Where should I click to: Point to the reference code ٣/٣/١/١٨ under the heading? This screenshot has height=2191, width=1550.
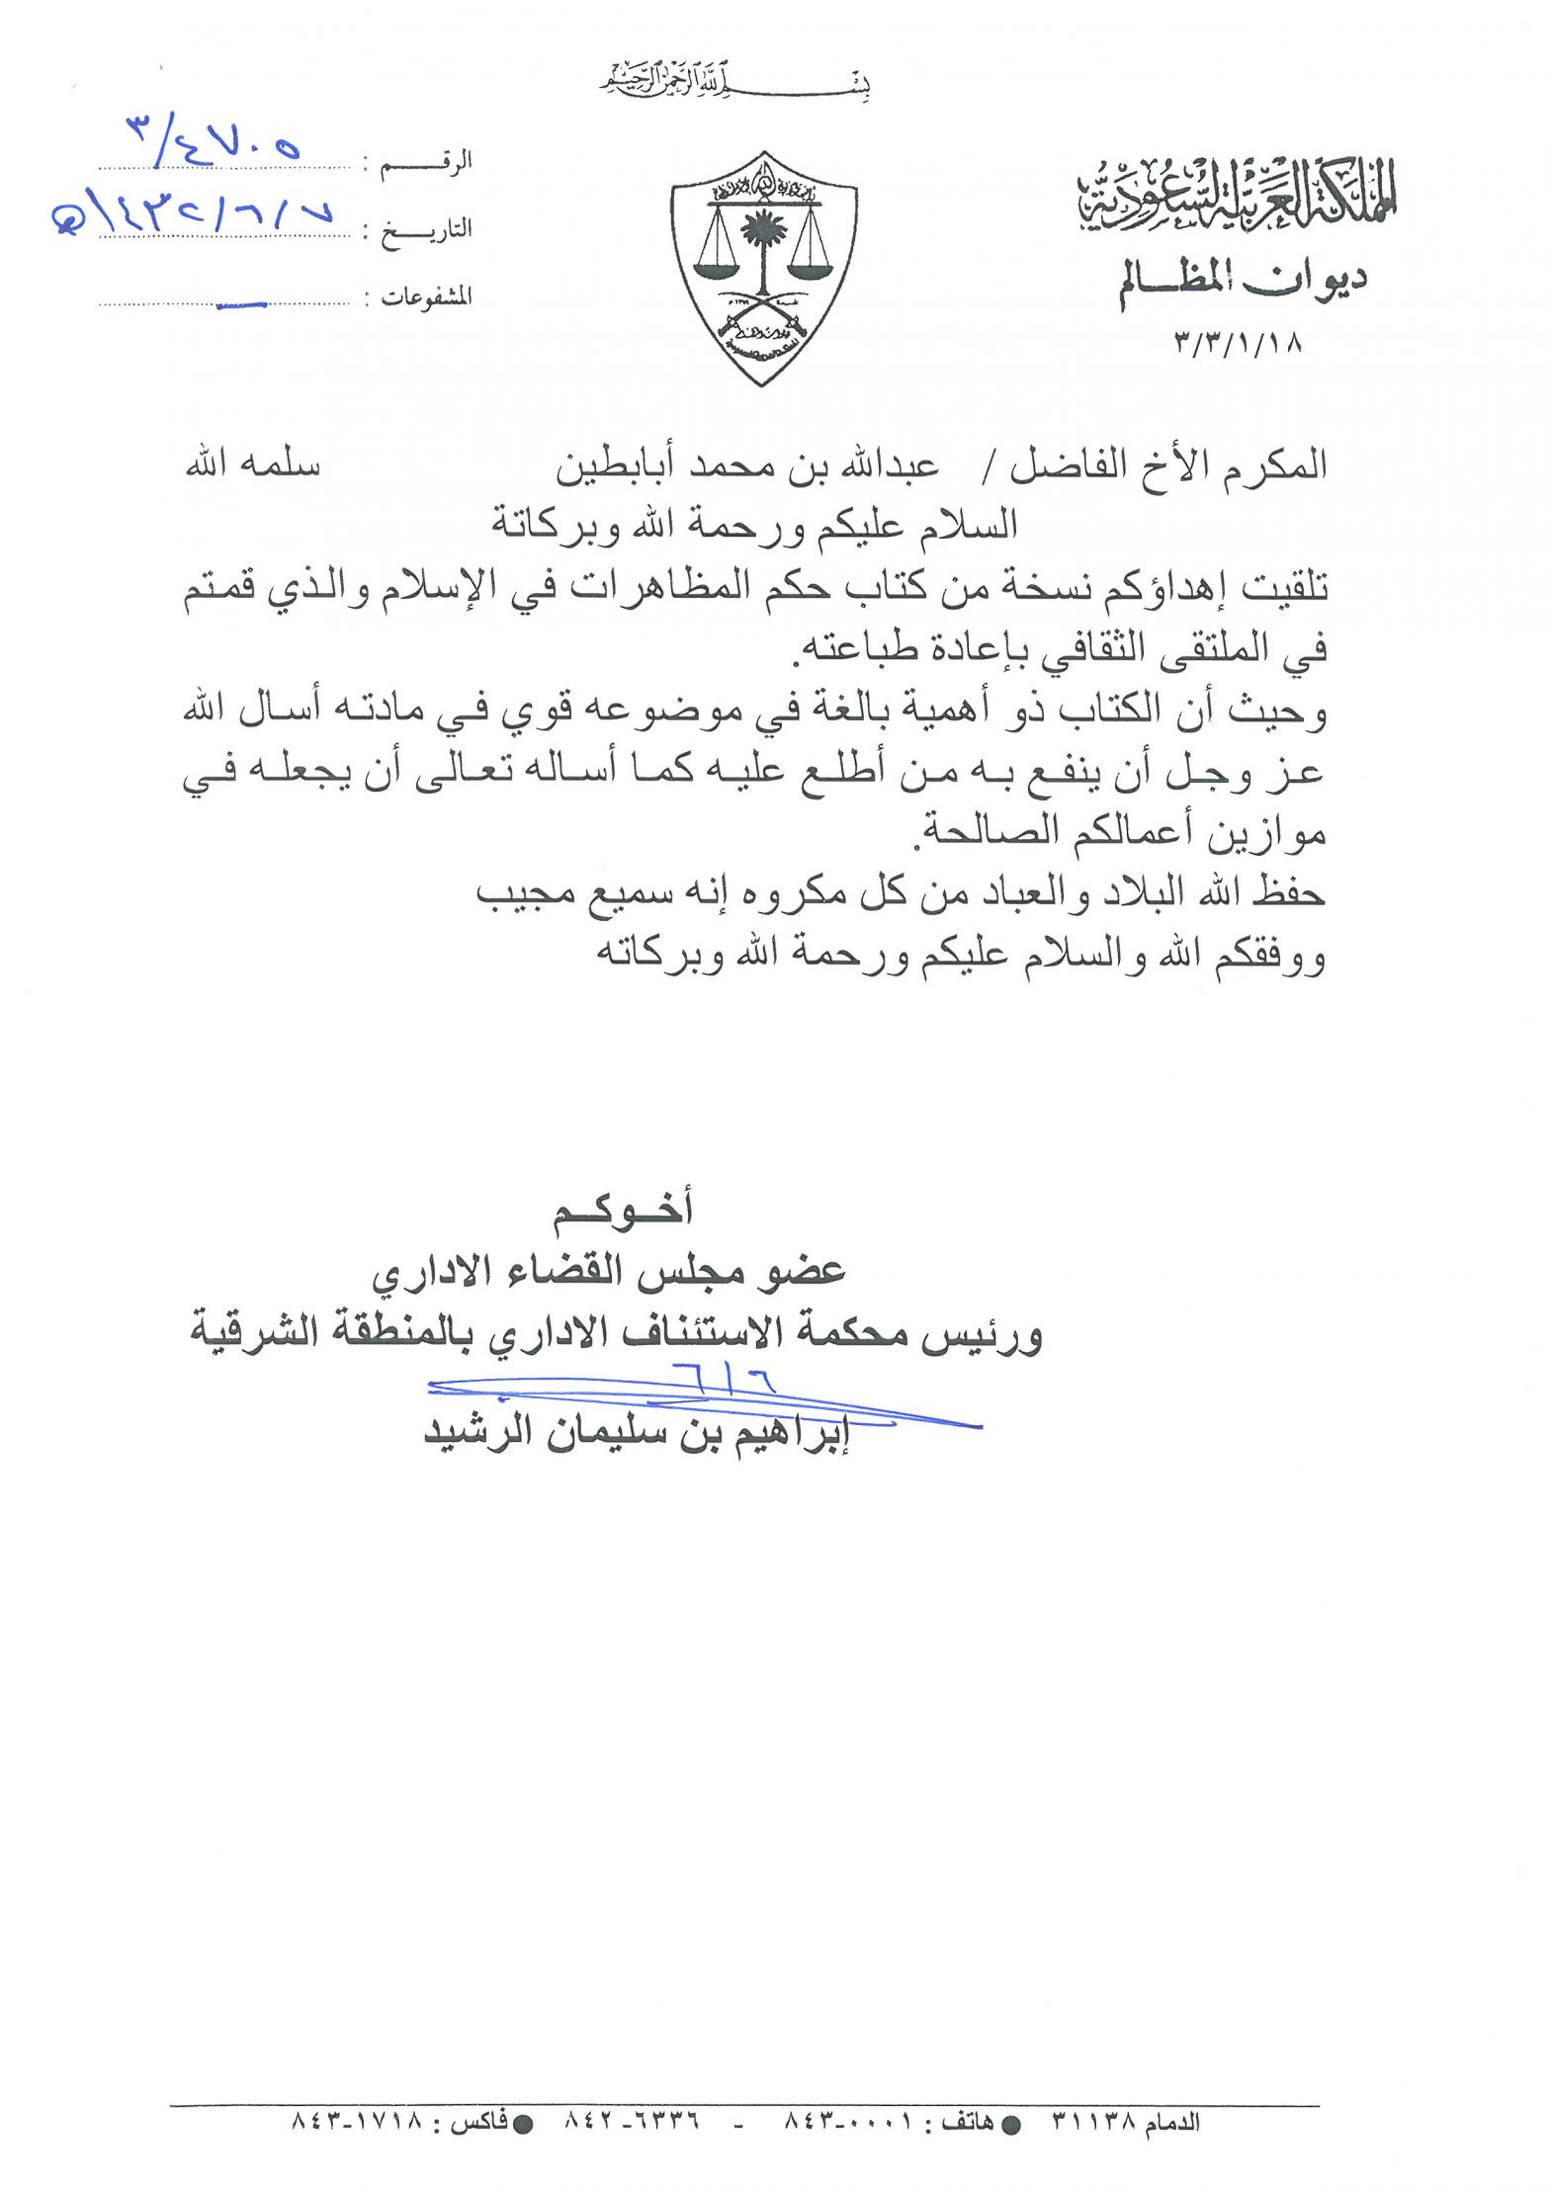[x=1239, y=343]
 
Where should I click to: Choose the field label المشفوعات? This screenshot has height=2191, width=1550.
[x=427, y=297]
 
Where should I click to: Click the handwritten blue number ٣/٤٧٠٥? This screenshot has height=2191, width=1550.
[x=214, y=140]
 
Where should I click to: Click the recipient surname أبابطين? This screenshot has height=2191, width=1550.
[x=619, y=466]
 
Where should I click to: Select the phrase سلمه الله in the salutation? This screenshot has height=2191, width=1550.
[x=253, y=464]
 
